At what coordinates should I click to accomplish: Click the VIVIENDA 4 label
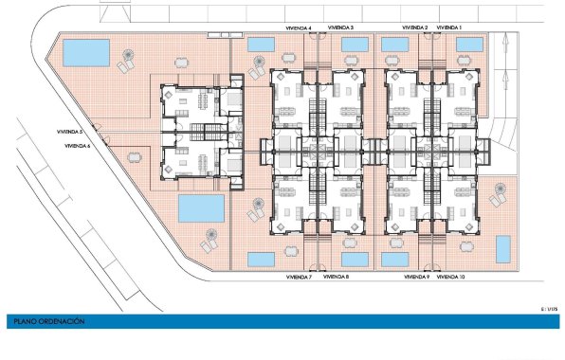point(299,27)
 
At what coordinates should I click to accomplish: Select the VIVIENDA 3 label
point(338,27)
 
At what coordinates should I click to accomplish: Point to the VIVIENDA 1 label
point(449,27)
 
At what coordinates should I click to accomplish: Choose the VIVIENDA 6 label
point(78,147)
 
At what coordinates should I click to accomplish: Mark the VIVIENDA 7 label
point(299,278)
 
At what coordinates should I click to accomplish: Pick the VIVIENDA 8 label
point(337,278)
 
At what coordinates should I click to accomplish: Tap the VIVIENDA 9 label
point(416,278)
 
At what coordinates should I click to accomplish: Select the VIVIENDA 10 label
point(450,278)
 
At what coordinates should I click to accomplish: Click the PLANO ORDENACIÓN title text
point(49,322)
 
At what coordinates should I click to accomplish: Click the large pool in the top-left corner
point(83,53)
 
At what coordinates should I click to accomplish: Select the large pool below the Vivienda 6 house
point(201,207)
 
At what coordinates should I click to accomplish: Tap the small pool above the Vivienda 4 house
point(261,45)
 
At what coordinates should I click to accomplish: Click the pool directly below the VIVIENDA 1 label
point(471,45)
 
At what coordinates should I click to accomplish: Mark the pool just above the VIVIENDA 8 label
point(355,259)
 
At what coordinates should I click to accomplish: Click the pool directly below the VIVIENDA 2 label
point(396,45)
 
